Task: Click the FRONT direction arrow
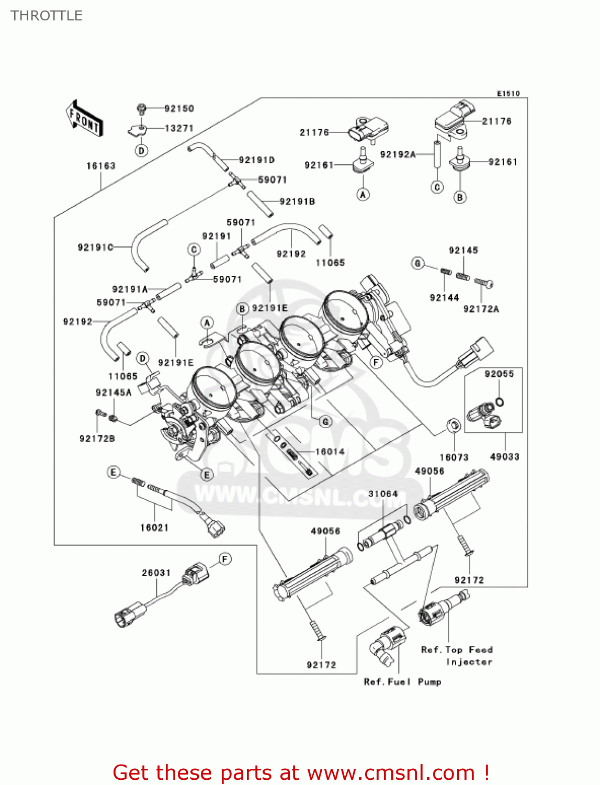[x=84, y=118]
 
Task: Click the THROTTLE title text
[x=47, y=16]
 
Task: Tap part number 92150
[x=179, y=108]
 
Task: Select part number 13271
[x=179, y=128]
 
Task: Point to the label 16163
[x=101, y=166]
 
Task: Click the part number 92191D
[x=256, y=160]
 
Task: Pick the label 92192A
[x=398, y=154]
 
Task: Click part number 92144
[x=444, y=298]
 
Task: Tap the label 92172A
[x=481, y=309]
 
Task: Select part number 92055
[x=499, y=374]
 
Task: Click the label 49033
[x=505, y=457]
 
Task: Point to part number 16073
[x=454, y=457]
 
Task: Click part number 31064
[x=383, y=494]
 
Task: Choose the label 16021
[x=154, y=528]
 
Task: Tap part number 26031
[x=156, y=573]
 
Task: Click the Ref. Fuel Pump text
[x=402, y=682]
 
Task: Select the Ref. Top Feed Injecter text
[x=457, y=656]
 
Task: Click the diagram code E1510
[x=508, y=94]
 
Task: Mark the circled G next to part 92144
[x=418, y=264]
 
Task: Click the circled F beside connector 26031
[x=225, y=558]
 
